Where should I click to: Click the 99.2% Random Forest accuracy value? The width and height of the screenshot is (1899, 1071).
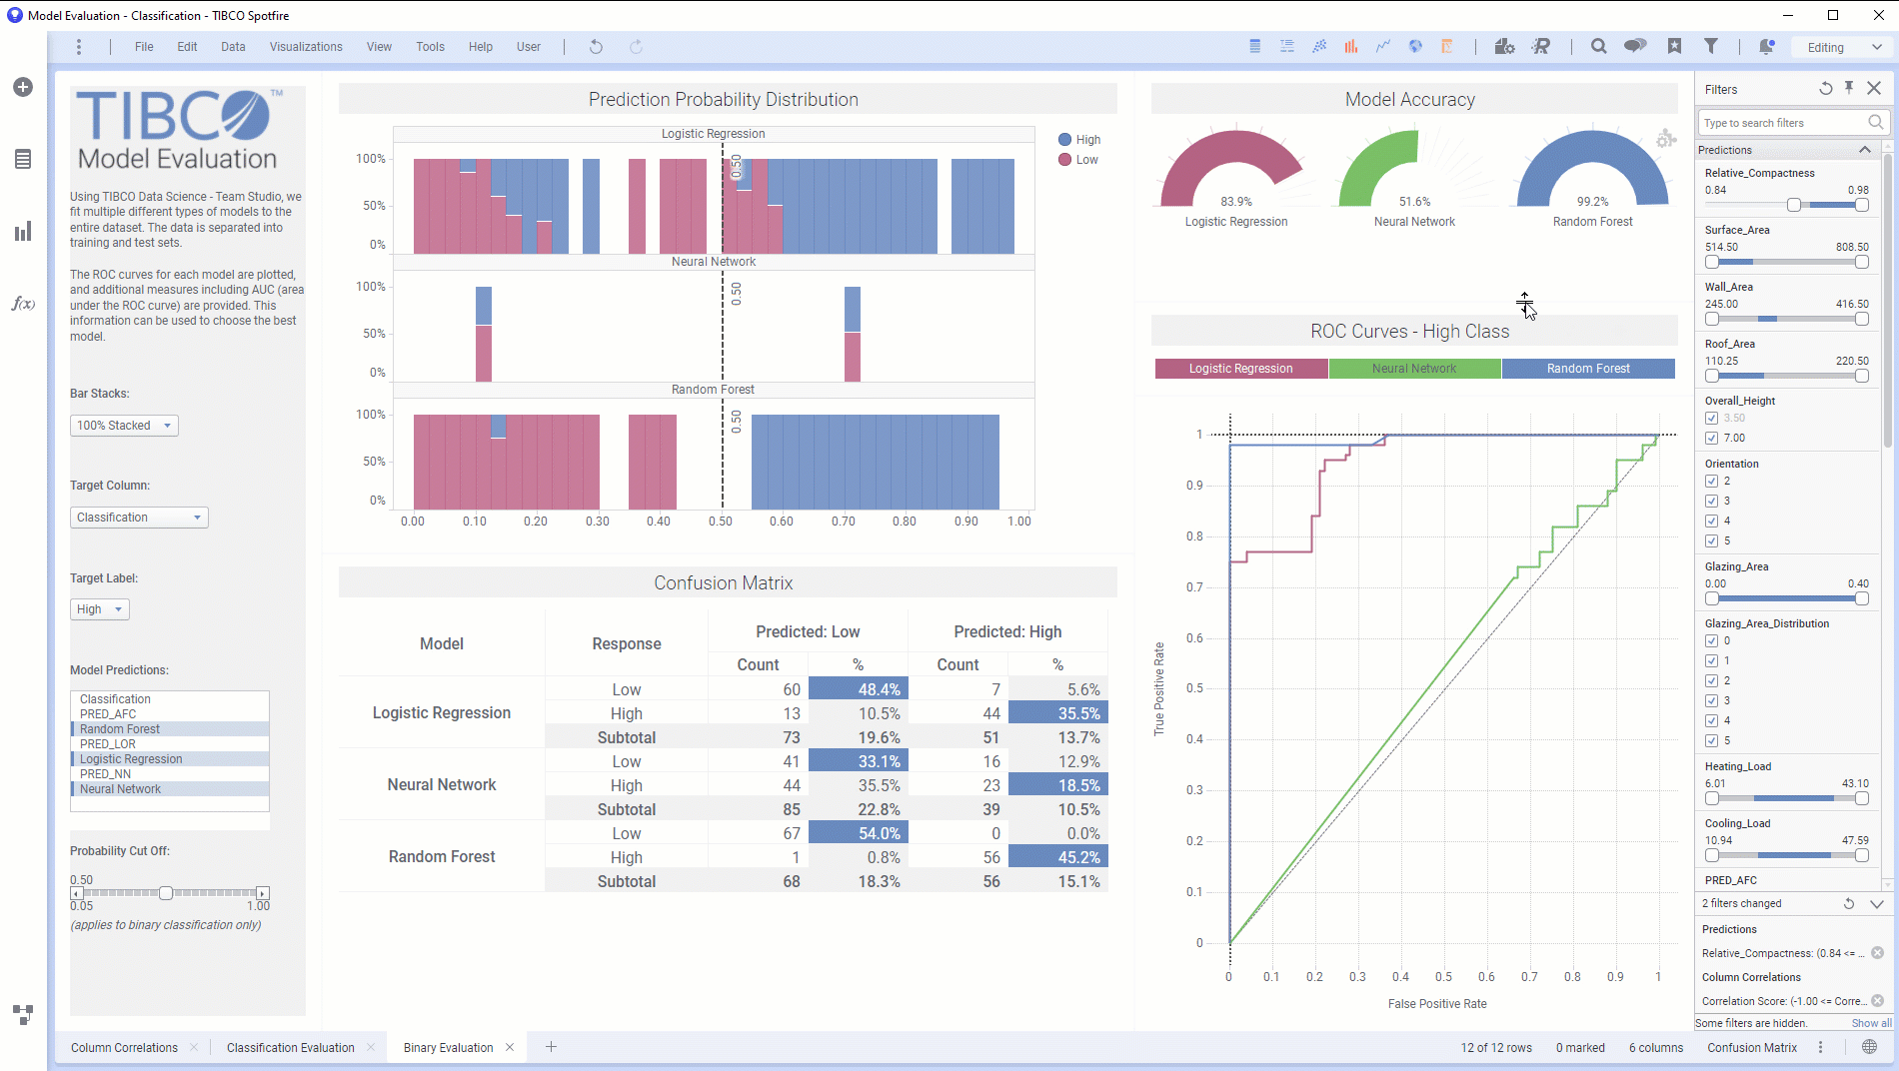(1592, 202)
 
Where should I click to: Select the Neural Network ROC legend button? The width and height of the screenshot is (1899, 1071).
(1414, 369)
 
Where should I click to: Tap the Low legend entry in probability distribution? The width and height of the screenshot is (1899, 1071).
(1086, 160)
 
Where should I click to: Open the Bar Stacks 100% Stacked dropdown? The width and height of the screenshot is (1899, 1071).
(124, 426)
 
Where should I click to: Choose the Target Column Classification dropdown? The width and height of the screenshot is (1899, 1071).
(139, 518)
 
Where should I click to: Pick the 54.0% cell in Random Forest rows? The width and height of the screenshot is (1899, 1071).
(858, 833)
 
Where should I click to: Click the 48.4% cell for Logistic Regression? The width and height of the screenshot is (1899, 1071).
(858, 689)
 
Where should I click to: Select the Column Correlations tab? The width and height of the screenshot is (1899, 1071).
(124, 1047)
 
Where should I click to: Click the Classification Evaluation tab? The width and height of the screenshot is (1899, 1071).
(290, 1047)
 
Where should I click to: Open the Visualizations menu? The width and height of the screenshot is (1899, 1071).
(306, 47)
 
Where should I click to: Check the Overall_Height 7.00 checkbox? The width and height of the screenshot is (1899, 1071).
(1712, 438)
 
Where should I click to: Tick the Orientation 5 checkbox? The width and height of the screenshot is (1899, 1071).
(1712, 540)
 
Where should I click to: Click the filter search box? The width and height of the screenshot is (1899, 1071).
(1783, 123)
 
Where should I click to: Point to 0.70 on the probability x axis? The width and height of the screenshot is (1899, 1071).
(844, 522)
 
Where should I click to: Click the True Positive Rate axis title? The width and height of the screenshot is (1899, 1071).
(1159, 689)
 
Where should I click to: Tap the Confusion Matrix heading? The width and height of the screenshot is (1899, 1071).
(724, 583)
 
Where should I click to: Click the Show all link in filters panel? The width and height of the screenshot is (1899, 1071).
(1871, 1023)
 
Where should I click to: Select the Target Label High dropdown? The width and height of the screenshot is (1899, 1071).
(99, 609)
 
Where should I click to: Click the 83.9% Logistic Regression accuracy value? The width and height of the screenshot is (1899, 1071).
(1236, 202)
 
